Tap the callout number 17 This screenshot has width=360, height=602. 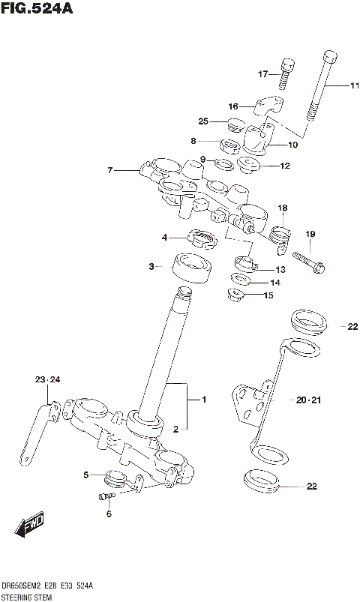pyautogui.click(x=262, y=73)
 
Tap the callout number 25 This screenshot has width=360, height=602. pyautogui.click(x=203, y=121)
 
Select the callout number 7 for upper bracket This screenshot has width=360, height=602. pyautogui.click(x=109, y=171)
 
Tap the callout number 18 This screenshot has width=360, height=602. pyautogui.click(x=282, y=208)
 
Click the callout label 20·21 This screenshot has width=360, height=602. pyautogui.click(x=307, y=400)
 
